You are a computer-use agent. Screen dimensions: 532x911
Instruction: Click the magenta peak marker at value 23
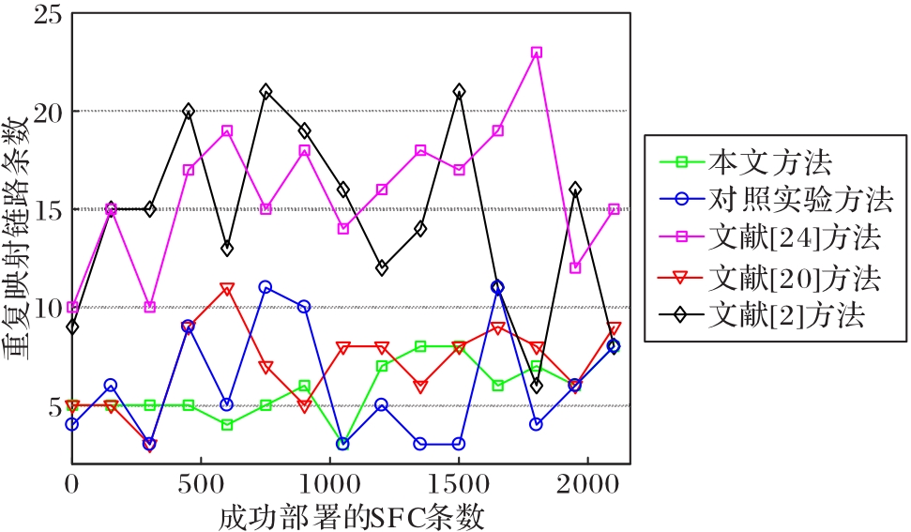pyautogui.click(x=537, y=53)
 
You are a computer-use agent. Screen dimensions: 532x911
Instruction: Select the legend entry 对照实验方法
pyautogui.click(x=799, y=201)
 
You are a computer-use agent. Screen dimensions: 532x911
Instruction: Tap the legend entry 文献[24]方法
pyautogui.click(x=794, y=239)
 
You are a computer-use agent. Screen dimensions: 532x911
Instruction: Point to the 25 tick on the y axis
pyautogui.click(x=45, y=14)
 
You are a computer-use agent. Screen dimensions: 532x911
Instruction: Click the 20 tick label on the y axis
pyautogui.click(x=45, y=112)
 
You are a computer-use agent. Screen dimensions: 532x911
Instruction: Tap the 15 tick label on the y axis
pyautogui.click(x=45, y=209)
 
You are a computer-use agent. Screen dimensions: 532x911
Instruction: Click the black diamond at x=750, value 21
pyautogui.click(x=266, y=92)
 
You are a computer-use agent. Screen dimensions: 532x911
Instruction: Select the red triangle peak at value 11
pyautogui.click(x=227, y=288)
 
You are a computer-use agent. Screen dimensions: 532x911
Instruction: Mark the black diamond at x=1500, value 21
pyautogui.click(x=460, y=92)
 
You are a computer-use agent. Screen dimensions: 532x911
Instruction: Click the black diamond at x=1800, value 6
pyautogui.click(x=537, y=386)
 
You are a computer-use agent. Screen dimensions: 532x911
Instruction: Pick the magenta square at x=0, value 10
pyautogui.click(x=72, y=307)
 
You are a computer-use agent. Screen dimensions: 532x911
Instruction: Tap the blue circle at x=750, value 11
pyautogui.click(x=266, y=287)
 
